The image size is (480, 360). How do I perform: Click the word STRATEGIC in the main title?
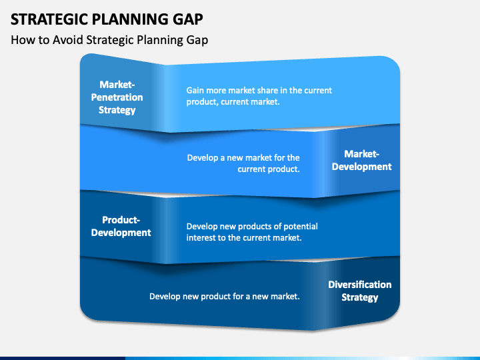pos(49,19)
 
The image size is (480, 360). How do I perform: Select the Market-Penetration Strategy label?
pos(117,97)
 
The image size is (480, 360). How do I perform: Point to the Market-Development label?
pos(361,160)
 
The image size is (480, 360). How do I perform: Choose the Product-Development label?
pos(121,226)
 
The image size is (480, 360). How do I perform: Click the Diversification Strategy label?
pos(360,291)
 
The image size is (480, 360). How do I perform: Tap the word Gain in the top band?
pos(195,90)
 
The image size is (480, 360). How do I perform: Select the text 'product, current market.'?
pos(233,101)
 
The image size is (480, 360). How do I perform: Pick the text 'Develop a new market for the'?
pos(243,157)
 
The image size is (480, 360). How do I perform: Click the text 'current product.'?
pos(269,169)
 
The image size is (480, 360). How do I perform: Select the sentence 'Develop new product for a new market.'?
pos(225,296)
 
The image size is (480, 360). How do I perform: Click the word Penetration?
pos(117,97)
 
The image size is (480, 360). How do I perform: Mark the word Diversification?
pos(360,285)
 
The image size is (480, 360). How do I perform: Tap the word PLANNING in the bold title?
pos(131,19)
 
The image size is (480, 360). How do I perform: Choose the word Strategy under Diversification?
pos(360,297)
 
